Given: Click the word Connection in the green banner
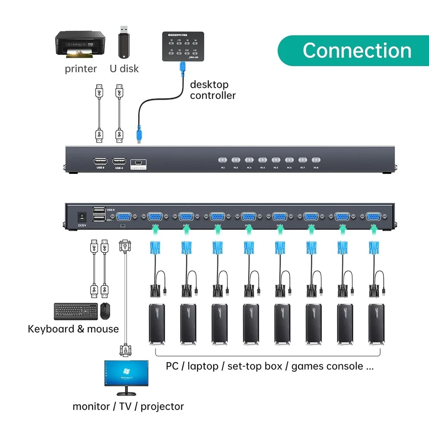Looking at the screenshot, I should (357, 50).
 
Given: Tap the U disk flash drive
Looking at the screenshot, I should (124, 41).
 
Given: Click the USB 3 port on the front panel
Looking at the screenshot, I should (100, 161).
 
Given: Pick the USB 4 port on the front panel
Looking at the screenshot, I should (119, 161).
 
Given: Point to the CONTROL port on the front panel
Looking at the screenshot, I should (139, 163).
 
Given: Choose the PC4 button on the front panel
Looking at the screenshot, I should (262, 160).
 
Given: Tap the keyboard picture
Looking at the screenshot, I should (76, 311).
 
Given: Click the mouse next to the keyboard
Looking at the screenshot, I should (105, 311).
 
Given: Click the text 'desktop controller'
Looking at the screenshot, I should (213, 90).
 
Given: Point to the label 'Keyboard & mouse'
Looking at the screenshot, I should (73, 329).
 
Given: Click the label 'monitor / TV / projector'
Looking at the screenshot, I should (128, 406).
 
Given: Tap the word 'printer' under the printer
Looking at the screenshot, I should (80, 69).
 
